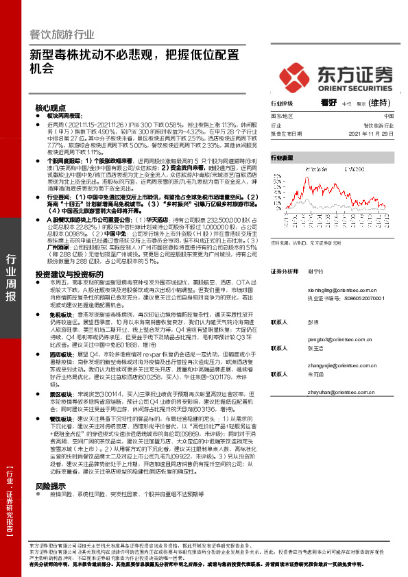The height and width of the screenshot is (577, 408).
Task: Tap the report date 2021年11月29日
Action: pos(375,135)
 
